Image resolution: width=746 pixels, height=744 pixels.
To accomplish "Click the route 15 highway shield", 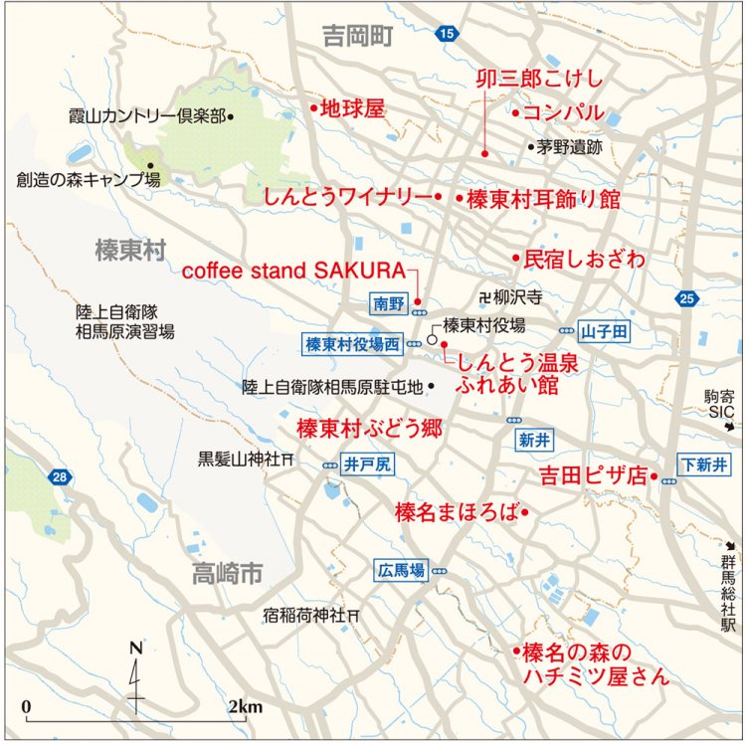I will click(x=449, y=35).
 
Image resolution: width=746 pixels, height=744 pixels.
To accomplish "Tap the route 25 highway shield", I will click(x=683, y=297).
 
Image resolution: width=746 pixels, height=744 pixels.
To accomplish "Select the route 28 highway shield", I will click(x=62, y=478).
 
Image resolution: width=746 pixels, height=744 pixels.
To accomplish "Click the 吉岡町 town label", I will click(x=358, y=37).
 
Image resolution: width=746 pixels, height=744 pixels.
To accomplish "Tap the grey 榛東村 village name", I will click(x=129, y=250).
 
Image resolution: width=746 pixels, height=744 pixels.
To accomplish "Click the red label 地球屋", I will click(x=353, y=109).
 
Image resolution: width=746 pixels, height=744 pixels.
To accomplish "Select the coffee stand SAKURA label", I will click(x=294, y=271).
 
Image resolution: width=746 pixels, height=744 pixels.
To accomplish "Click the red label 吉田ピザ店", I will click(x=593, y=474).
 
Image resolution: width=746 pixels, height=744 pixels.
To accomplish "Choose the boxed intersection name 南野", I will click(x=388, y=303).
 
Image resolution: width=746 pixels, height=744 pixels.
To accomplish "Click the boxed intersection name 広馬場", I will click(x=402, y=571).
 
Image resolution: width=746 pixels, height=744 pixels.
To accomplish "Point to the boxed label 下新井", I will click(x=702, y=464).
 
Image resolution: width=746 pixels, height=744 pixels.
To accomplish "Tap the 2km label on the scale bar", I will click(x=245, y=707).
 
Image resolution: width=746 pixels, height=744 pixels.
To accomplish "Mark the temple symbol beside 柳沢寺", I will click(x=484, y=296).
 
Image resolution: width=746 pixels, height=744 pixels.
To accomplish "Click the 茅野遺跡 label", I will click(x=570, y=147).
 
